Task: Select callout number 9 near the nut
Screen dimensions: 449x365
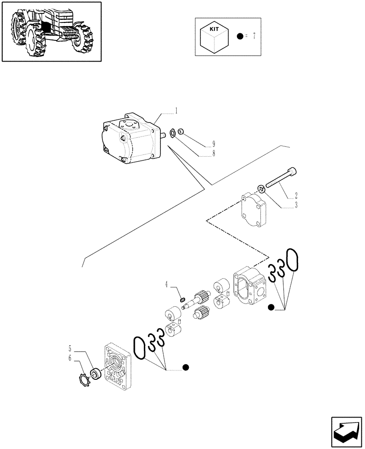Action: point(214,144)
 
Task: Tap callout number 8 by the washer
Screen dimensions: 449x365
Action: point(214,153)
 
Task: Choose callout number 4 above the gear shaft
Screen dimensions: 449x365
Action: point(166,284)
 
